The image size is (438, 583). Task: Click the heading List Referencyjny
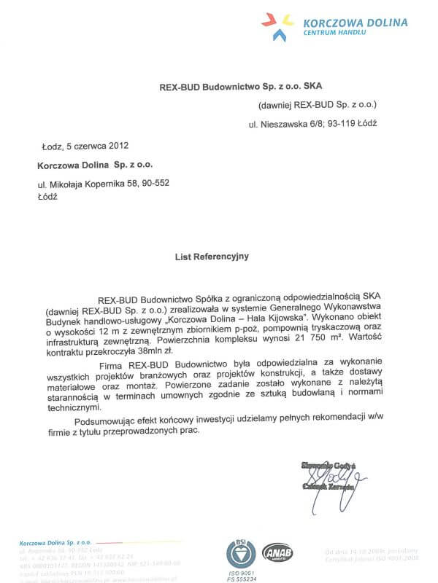pos(212,257)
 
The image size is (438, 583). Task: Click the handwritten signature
pos(326,474)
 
